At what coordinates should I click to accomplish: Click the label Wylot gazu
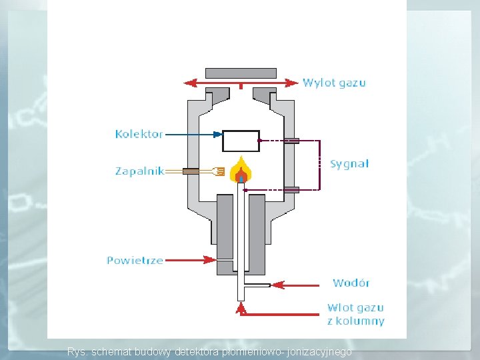(x=334, y=83)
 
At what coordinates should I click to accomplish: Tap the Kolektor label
(x=139, y=134)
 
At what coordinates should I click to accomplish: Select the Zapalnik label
(x=139, y=171)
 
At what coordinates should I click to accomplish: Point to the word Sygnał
(x=349, y=164)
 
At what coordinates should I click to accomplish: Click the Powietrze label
(x=135, y=260)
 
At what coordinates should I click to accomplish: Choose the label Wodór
(x=351, y=283)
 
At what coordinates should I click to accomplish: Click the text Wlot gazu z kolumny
(x=355, y=314)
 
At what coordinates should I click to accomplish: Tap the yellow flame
(x=241, y=171)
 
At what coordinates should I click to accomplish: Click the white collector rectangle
(x=241, y=141)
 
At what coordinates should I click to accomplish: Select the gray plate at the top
(x=241, y=73)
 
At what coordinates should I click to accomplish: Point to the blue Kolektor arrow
(x=193, y=134)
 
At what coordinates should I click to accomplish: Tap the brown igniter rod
(x=193, y=171)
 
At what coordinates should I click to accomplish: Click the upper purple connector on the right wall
(x=291, y=141)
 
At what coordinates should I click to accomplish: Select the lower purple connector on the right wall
(x=291, y=190)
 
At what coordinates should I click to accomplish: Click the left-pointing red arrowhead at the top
(x=190, y=83)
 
